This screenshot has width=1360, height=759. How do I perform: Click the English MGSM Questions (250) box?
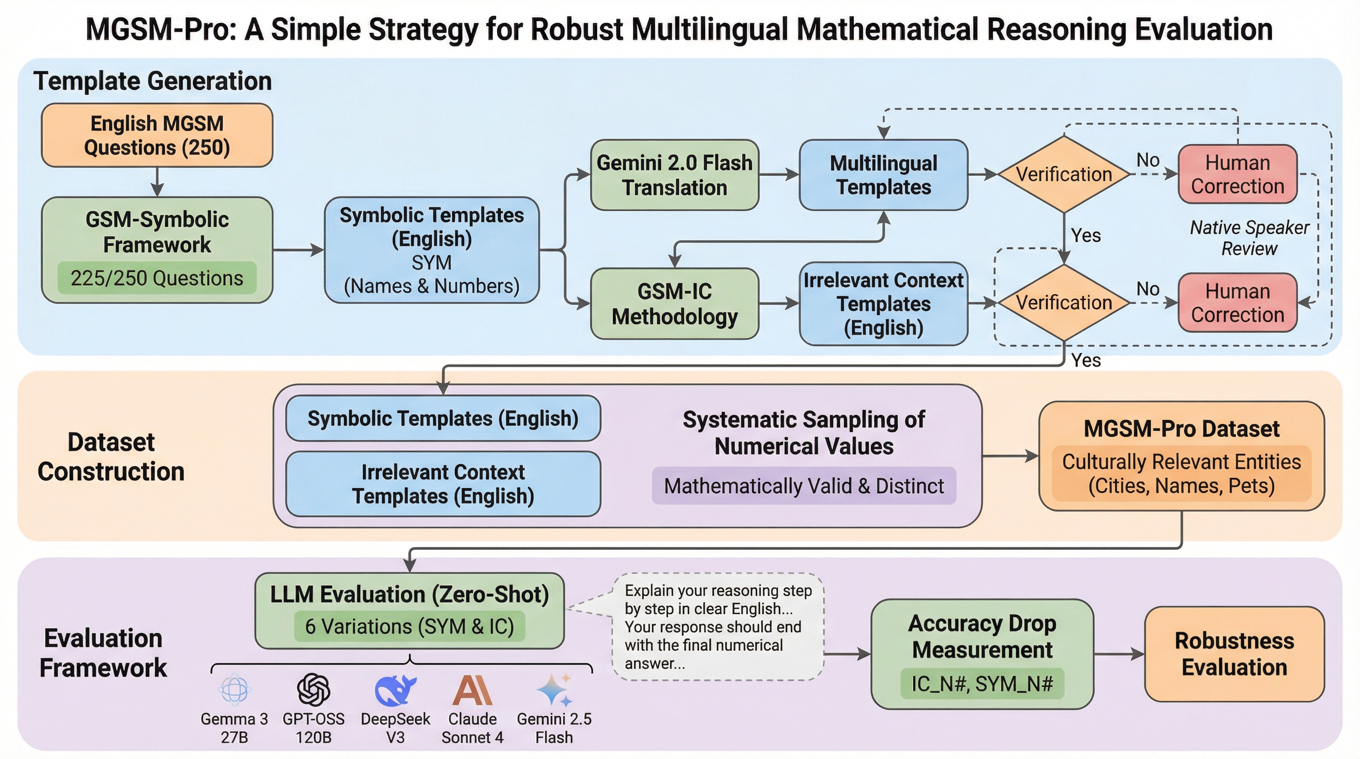click(157, 135)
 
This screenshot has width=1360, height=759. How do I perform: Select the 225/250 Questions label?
click(157, 278)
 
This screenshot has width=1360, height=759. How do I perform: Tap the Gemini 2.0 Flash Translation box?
click(674, 175)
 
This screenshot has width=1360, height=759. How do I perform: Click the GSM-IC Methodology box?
click(674, 303)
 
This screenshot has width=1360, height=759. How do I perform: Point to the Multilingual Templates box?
click(883, 175)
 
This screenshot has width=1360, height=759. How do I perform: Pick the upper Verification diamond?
click(1064, 174)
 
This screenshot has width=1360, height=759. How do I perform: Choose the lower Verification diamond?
click(1064, 302)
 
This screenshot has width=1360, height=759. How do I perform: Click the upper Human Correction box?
click(1237, 174)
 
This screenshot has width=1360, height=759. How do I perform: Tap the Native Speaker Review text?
click(1249, 238)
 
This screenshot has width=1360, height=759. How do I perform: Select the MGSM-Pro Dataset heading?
click(1182, 428)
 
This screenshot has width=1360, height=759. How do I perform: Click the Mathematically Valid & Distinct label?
click(804, 486)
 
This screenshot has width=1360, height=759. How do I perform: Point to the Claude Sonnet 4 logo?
click(472, 690)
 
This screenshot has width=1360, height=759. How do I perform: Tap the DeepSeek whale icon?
click(395, 690)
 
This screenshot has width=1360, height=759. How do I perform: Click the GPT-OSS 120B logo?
click(313, 689)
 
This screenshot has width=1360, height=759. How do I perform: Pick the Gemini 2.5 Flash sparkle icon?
click(554, 689)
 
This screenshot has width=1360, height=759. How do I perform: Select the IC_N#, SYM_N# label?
click(982, 683)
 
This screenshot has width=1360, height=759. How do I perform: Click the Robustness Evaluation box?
click(1234, 654)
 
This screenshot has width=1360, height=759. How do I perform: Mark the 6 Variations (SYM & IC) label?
click(409, 627)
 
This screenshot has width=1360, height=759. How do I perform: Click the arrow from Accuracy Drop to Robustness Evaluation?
click(1119, 654)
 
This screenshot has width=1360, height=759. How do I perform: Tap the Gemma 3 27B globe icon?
click(234, 689)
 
